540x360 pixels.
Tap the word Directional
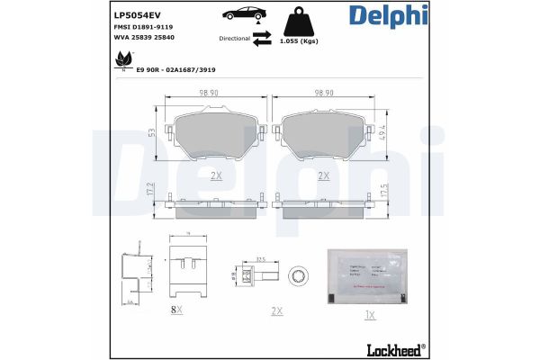[234, 39]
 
